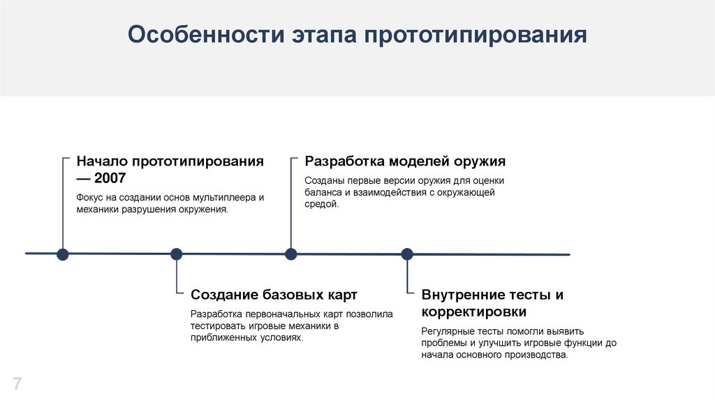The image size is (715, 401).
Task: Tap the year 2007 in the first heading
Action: tap(110, 178)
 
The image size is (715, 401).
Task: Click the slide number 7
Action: tap(17, 383)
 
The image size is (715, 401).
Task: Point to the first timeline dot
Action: tap(62, 254)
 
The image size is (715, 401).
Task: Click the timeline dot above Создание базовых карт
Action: tap(177, 254)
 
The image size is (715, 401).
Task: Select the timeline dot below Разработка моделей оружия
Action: tap(291, 254)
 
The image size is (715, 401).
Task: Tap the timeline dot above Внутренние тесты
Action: tap(407, 254)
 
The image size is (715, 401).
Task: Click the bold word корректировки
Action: tap(473, 312)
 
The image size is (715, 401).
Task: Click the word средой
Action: tap(322, 203)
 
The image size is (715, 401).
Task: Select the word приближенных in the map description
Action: tap(219, 337)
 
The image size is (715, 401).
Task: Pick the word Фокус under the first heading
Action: tap(90, 197)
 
